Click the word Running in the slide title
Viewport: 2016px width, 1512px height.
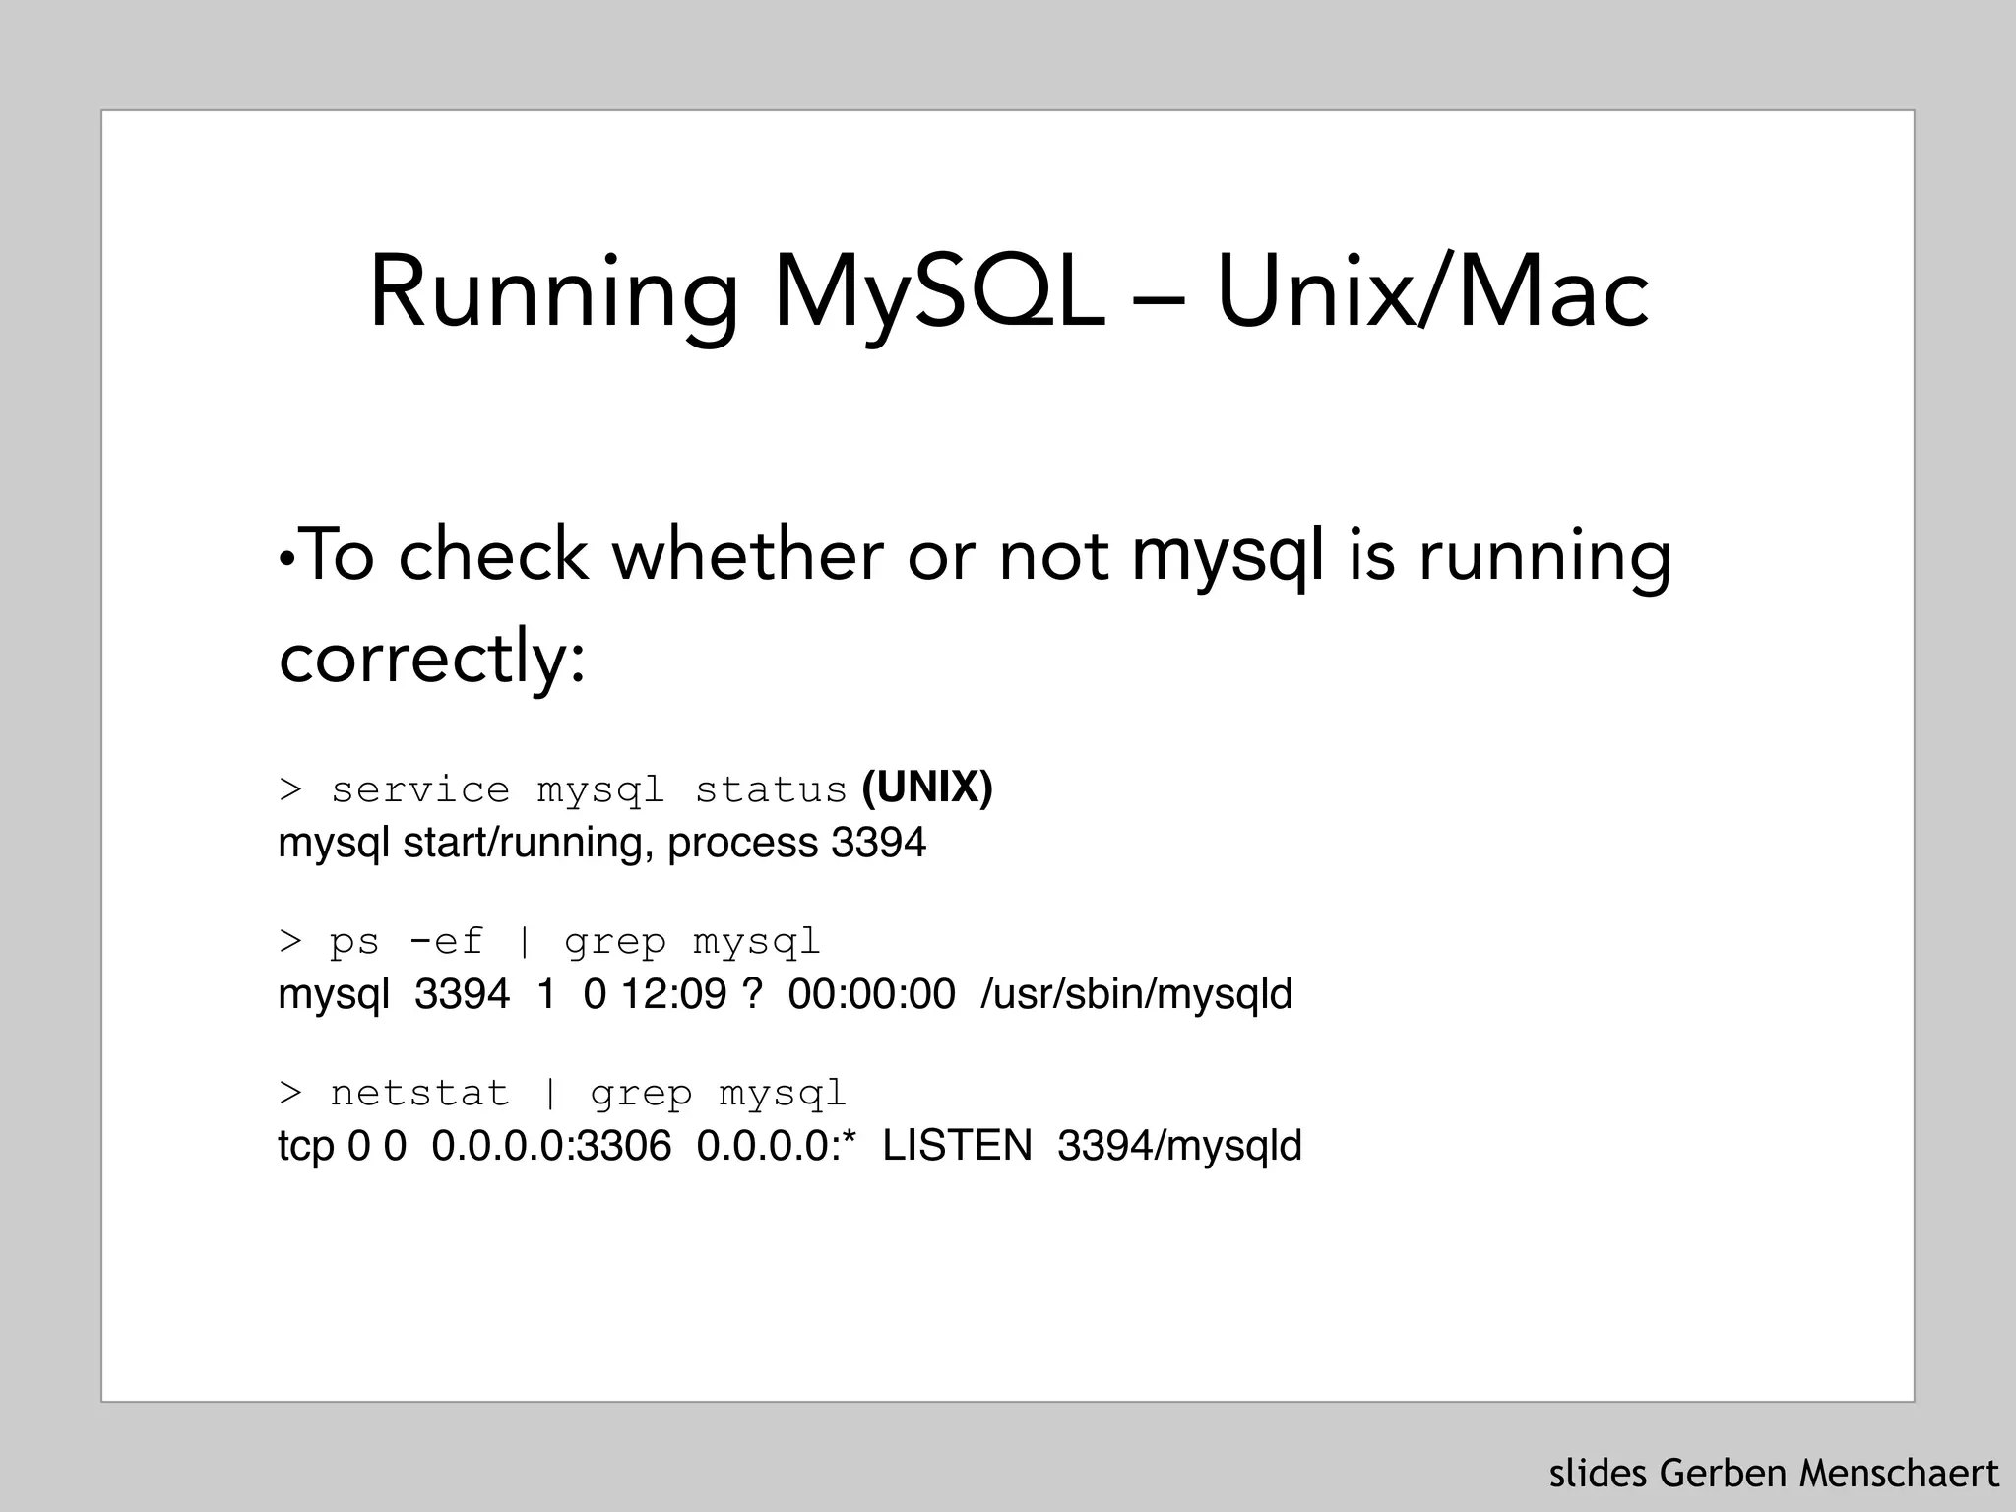(x=553, y=293)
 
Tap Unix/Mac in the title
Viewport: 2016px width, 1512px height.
(x=1432, y=293)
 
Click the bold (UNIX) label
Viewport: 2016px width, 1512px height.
(x=927, y=787)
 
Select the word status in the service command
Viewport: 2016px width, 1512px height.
(x=771, y=790)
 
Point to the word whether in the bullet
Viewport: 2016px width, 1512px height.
(x=747, y=555)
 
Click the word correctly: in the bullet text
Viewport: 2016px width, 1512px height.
(x=432, y=658)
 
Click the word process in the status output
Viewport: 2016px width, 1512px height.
(x=743, y=843)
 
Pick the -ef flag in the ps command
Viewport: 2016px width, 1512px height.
(x=446, y=942)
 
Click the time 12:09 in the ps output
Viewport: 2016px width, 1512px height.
(x=673, y=994)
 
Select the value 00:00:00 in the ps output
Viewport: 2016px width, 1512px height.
(x=871, y=994)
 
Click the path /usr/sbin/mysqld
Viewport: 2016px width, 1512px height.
(x=1136, y=994)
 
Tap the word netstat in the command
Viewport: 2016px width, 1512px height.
(x=420, y=1094)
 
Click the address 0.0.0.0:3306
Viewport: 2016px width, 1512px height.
(x=551, y=1146)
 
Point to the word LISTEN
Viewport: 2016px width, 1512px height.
(x=957, y=1146)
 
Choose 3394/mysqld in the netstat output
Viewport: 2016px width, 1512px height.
(x=1179, y=1146)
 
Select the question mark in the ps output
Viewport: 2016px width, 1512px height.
(x=753, y=994)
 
